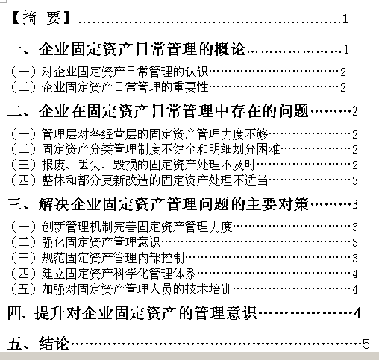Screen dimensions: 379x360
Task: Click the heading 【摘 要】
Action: point(41,18)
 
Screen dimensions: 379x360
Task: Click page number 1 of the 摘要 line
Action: point(345,19)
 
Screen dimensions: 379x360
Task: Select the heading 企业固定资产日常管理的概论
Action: point(142,48)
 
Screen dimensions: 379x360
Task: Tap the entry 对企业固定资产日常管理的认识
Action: point(125,72)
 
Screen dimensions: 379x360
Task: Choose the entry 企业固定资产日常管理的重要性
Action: point(125,87)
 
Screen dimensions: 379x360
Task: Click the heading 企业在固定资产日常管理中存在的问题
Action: point(174,111)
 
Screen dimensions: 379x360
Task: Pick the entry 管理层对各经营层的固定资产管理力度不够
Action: point(154,134)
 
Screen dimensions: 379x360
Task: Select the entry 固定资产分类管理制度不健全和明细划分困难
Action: point(160,149)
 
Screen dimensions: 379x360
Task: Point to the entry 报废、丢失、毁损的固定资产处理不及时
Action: point(148,165)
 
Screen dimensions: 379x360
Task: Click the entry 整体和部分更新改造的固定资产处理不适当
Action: point(154,180)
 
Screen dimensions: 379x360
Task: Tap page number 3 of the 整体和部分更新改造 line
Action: point(355,181)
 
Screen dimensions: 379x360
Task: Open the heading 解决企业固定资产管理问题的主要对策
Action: point(174,204)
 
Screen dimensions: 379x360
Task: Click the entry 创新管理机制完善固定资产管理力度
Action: point(137,227)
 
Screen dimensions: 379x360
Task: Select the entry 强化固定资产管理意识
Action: point(101,242)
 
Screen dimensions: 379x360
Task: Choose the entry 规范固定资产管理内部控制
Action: point(113,258)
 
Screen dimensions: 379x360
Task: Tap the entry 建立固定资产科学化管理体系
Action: point(119,273)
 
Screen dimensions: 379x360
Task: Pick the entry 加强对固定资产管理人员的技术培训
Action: point(137,288)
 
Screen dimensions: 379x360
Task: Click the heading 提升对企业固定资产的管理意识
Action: point(145,312)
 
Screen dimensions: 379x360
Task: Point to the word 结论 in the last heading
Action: point(54,344)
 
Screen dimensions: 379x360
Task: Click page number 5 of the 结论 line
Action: point(366,344)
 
